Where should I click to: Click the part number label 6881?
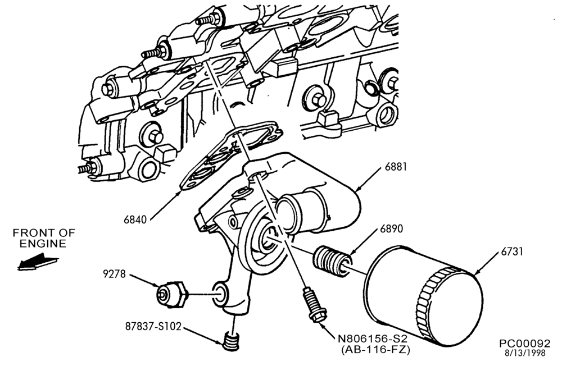(x=396, y=167)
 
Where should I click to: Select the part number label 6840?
(x=135, y=219)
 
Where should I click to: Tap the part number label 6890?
(x=391, y=228)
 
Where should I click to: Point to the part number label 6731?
(x=512, y=251)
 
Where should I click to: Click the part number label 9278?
(x=114, y=274)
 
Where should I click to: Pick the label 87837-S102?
(x=153, y=326)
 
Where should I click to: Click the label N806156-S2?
(x=373, y=338)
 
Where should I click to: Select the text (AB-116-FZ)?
(x=375, y=349)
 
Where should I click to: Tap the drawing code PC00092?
(x=525, y=344)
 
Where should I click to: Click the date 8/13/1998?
(x=525, y=353)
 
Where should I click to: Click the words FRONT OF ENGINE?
(x=44, y=239)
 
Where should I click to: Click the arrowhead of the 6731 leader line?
(x=477, y=273)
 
